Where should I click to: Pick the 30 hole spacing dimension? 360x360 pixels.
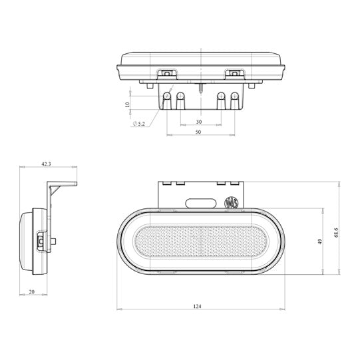point(198,122)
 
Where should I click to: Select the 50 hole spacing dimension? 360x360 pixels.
point(198,133)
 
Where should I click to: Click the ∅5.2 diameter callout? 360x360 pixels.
point(139,124)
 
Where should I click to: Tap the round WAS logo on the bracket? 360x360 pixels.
point(232,202)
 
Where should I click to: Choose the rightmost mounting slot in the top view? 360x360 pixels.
point(234,100)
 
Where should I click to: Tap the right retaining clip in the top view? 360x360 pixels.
point(234,73)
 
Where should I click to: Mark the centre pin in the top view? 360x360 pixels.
point(200,87)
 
